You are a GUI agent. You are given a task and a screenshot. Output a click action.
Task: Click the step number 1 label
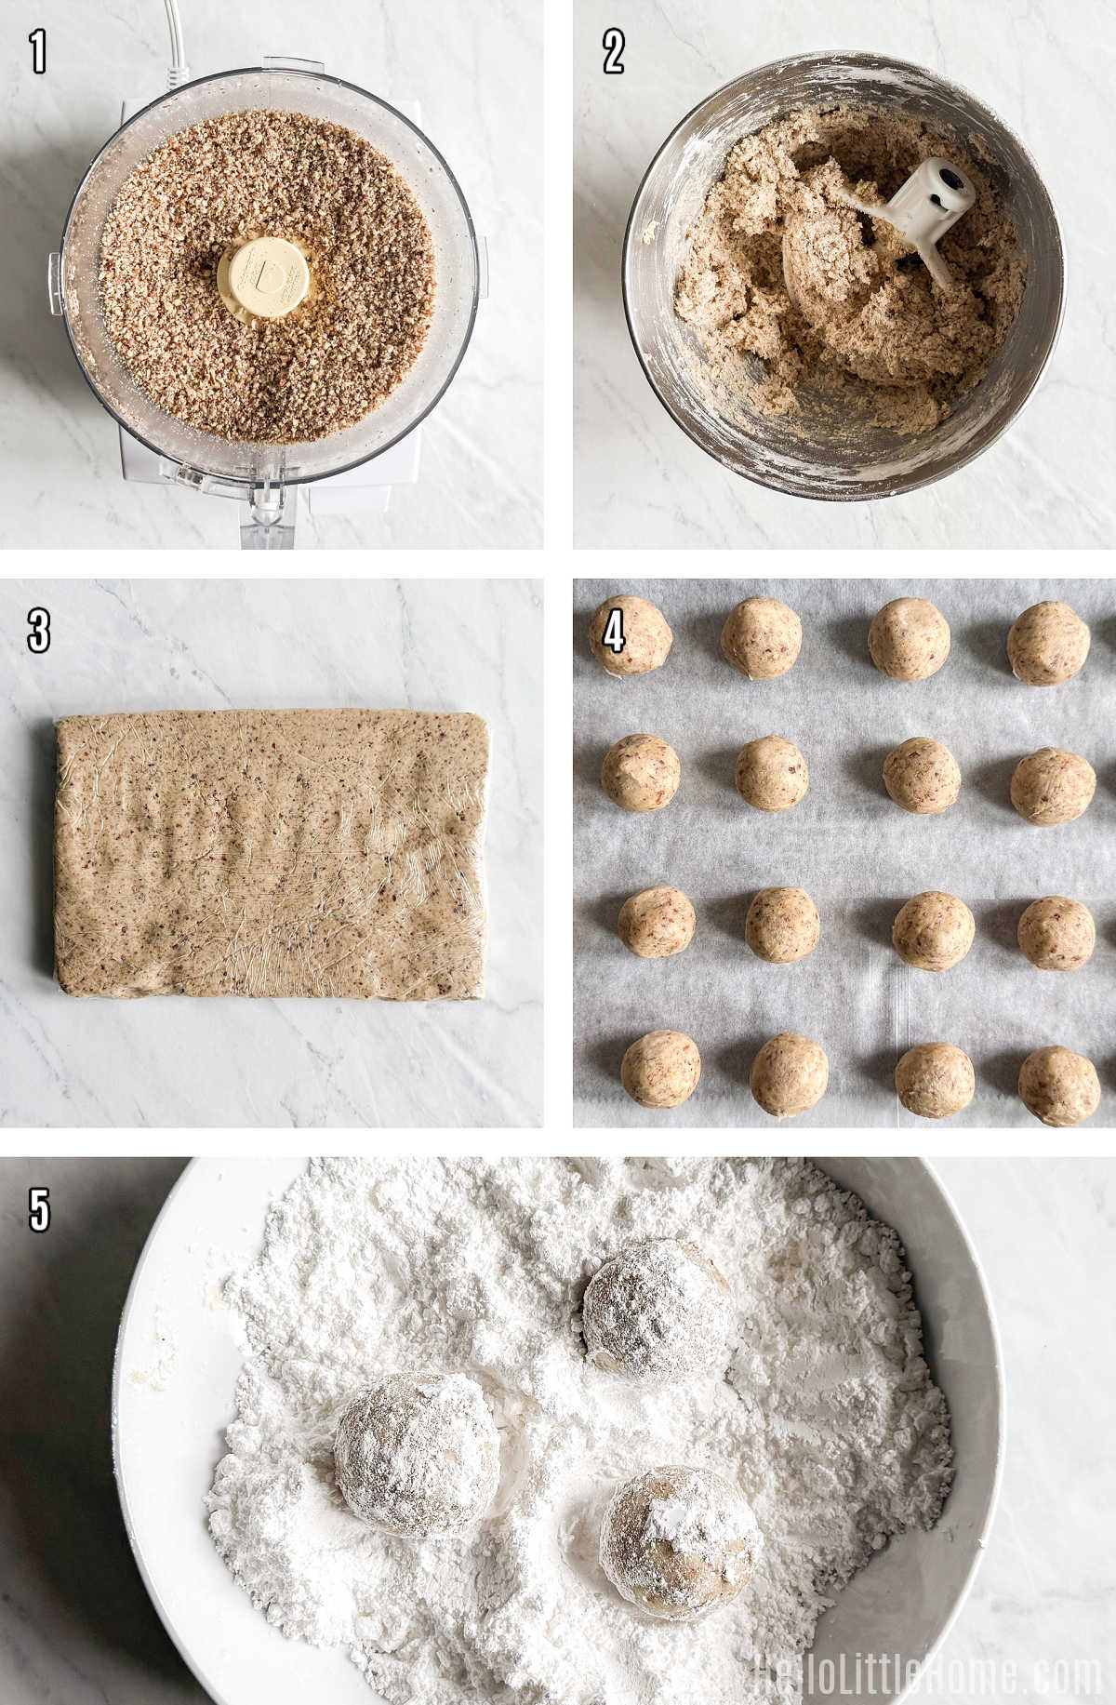pos(38,52)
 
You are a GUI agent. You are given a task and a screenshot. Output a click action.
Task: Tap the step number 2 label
pos(613,52)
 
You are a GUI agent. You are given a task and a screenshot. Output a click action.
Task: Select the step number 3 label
pos(38,631)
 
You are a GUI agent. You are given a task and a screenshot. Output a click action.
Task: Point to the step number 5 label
pos(38,1209)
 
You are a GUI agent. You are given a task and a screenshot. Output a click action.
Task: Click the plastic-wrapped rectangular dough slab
pos(271,854)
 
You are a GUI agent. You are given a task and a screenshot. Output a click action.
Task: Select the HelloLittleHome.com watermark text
pos(926,1673)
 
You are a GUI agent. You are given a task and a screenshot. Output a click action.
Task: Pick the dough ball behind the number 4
pos(630,635)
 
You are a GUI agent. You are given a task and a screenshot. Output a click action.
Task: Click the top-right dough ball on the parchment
pos(1048,643)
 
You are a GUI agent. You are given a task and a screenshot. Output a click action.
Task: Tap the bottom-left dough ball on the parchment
pos(660,1069)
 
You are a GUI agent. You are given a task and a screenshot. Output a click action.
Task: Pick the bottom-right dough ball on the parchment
pos(1058,1086)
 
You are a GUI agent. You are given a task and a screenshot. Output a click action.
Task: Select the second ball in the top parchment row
pos(762,637)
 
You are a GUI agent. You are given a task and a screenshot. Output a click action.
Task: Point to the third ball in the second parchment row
pos(922,775)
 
